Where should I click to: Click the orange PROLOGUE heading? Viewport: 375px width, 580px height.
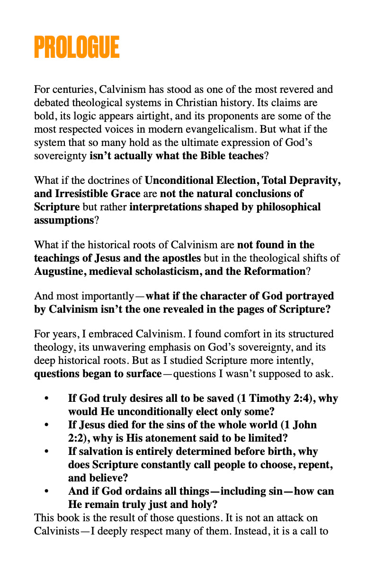point(77,47)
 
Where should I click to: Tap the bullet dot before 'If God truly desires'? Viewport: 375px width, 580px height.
point(46,399)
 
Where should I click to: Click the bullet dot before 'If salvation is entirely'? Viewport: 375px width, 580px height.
point(46,452)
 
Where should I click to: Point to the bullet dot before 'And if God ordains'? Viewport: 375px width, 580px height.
point(46,491)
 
